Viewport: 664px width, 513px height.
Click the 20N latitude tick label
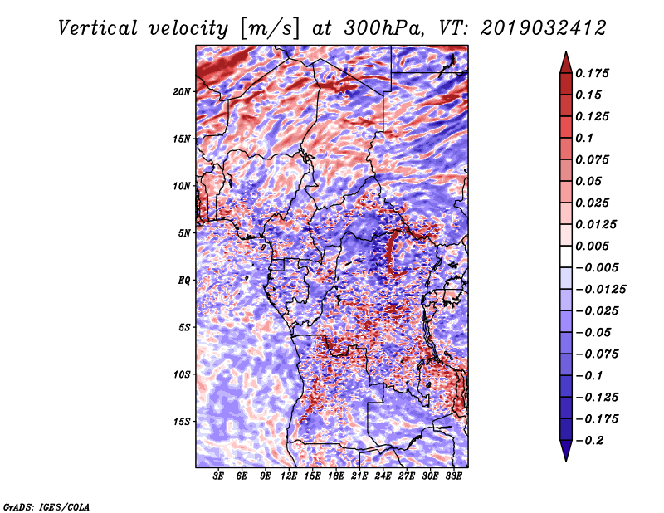point(182,91)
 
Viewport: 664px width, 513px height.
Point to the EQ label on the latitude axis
point(183,280)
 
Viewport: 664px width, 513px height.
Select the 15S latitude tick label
point(182,421)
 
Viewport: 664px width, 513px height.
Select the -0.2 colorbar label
point(591,440)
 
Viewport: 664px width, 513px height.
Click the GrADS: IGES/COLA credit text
point(46,506)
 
